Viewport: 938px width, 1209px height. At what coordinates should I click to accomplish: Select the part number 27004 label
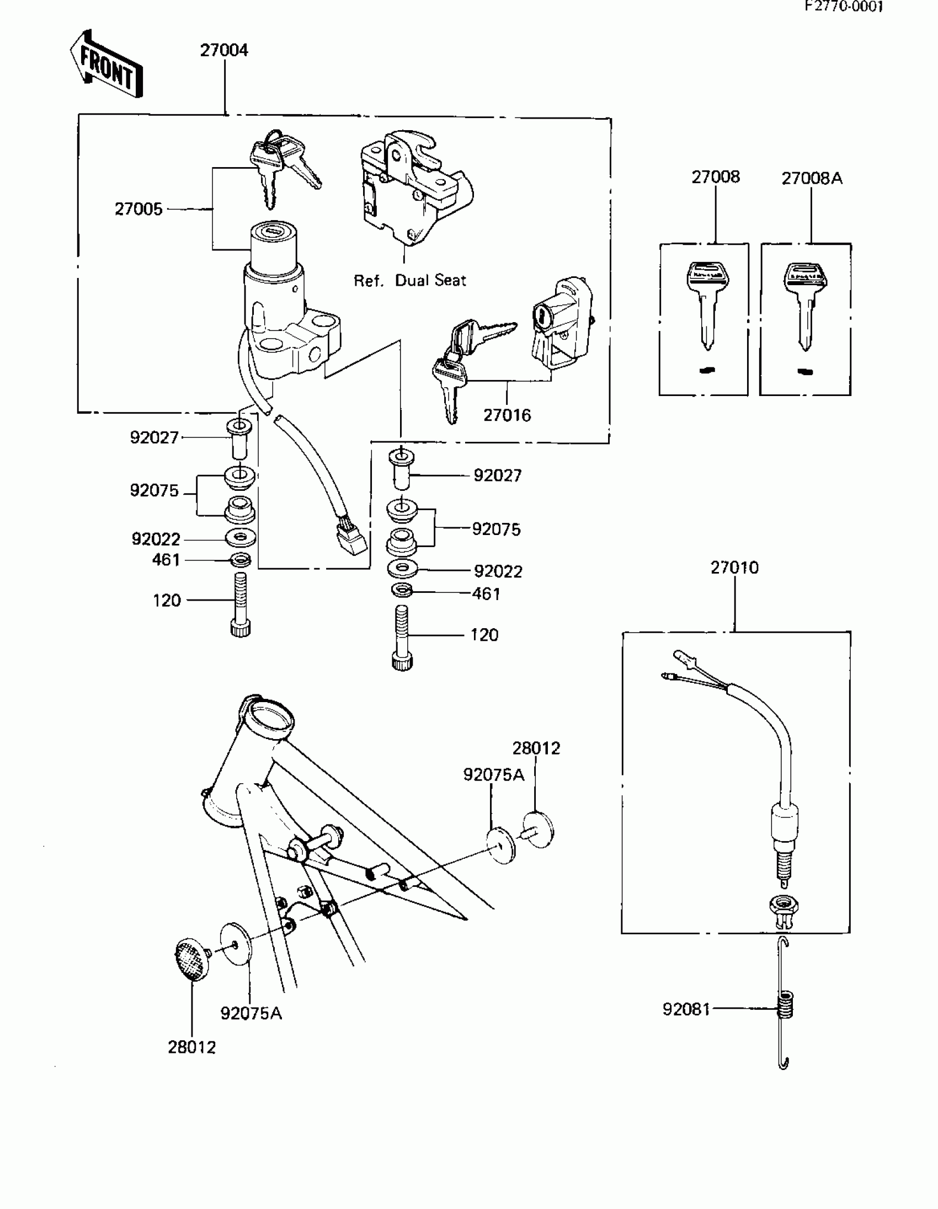click(223, 50)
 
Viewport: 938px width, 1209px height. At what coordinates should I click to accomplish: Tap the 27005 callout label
click(138, 209)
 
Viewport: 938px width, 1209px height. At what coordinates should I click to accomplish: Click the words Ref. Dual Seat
click(410, 281)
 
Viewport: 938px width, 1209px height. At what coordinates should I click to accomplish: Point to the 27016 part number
click(507, 415)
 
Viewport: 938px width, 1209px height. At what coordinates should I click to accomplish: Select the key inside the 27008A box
click(805, 304)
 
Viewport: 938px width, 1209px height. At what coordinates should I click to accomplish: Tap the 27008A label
click(812, 178)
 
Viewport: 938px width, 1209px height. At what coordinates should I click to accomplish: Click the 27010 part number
click(734, 568)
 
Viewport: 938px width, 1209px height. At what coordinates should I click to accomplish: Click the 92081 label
click(686, 1010)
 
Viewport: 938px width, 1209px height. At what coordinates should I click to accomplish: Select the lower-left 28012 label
click(191, 1047)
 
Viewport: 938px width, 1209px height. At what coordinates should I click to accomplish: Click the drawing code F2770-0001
click(844, 7)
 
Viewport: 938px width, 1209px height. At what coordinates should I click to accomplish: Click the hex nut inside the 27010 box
click(783, 906)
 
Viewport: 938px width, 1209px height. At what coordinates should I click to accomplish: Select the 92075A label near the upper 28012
click(493, 775)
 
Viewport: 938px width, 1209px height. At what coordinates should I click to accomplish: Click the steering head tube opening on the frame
click(270, 717)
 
